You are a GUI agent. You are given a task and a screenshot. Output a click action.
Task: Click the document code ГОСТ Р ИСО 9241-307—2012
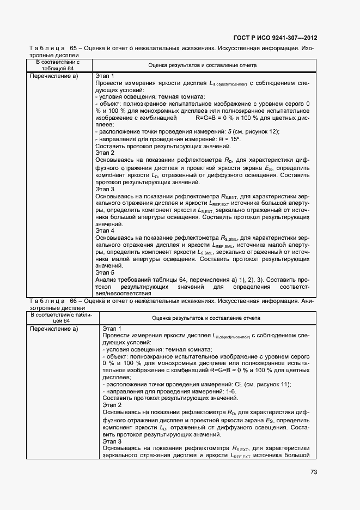click(274, 38)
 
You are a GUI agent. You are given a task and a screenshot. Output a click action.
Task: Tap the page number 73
click(313, 472)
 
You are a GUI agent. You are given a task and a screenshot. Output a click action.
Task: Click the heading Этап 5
click(105, 272)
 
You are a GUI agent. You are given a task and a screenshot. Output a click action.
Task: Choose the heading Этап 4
click(105, 230)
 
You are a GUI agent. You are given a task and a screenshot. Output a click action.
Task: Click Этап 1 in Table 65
click(105, 76)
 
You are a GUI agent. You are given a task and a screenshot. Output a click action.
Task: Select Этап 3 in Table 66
click(112, 441)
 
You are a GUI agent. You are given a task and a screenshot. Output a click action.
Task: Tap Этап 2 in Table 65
click(105, 153)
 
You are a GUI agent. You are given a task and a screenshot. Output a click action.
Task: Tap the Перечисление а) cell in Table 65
click(54, 76)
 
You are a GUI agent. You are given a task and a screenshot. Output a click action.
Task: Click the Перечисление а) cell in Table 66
click(54, 329)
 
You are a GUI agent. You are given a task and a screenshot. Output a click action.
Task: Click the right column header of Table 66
click(205, 318)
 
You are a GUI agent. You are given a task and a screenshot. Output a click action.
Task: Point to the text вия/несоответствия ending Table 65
click(123, 293)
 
